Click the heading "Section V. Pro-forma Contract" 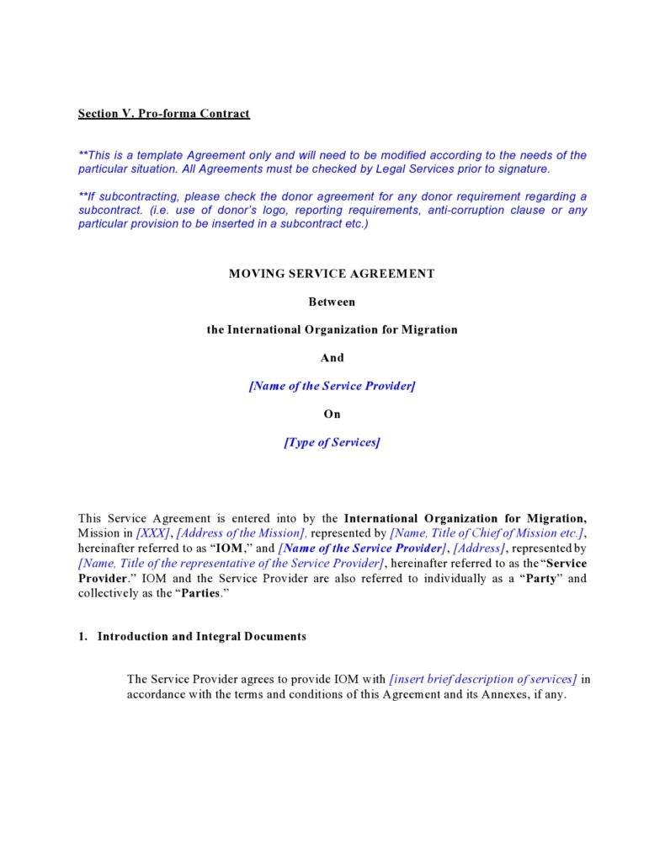(164, 113)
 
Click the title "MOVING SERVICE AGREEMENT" (332, 274)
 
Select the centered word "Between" (332, 302)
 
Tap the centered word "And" (332, 358)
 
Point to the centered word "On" (332, 414)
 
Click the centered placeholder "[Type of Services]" (332, 442)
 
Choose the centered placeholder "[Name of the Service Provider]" (332, 386)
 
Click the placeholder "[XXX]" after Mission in (153, 533)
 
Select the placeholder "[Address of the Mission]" (241, 533)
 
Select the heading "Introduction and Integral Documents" (202, 637)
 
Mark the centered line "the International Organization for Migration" (332, 329)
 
